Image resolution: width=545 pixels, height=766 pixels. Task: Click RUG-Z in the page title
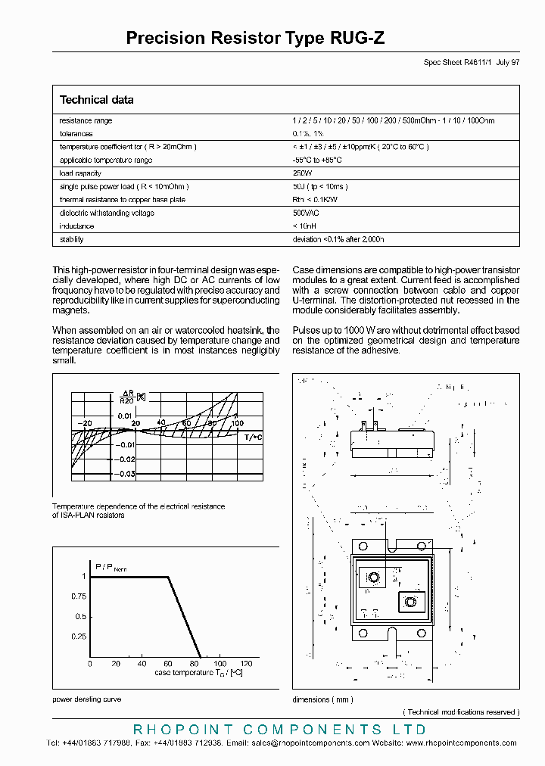357,39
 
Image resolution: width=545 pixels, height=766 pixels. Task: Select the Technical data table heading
96,100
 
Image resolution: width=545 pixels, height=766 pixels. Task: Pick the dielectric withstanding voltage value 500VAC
306,213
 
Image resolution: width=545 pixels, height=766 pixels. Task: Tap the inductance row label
76,226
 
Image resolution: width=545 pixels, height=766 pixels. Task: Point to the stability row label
71,239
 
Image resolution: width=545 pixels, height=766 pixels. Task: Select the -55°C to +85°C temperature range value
317,160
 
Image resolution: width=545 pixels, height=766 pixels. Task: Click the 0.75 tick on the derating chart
79,596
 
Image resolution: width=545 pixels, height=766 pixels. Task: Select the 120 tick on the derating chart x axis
247,664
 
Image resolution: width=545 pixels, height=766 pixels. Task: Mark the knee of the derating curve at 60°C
167,578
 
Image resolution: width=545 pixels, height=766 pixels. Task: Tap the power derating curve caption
86,699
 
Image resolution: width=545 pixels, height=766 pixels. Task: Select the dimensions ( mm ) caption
322,699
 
